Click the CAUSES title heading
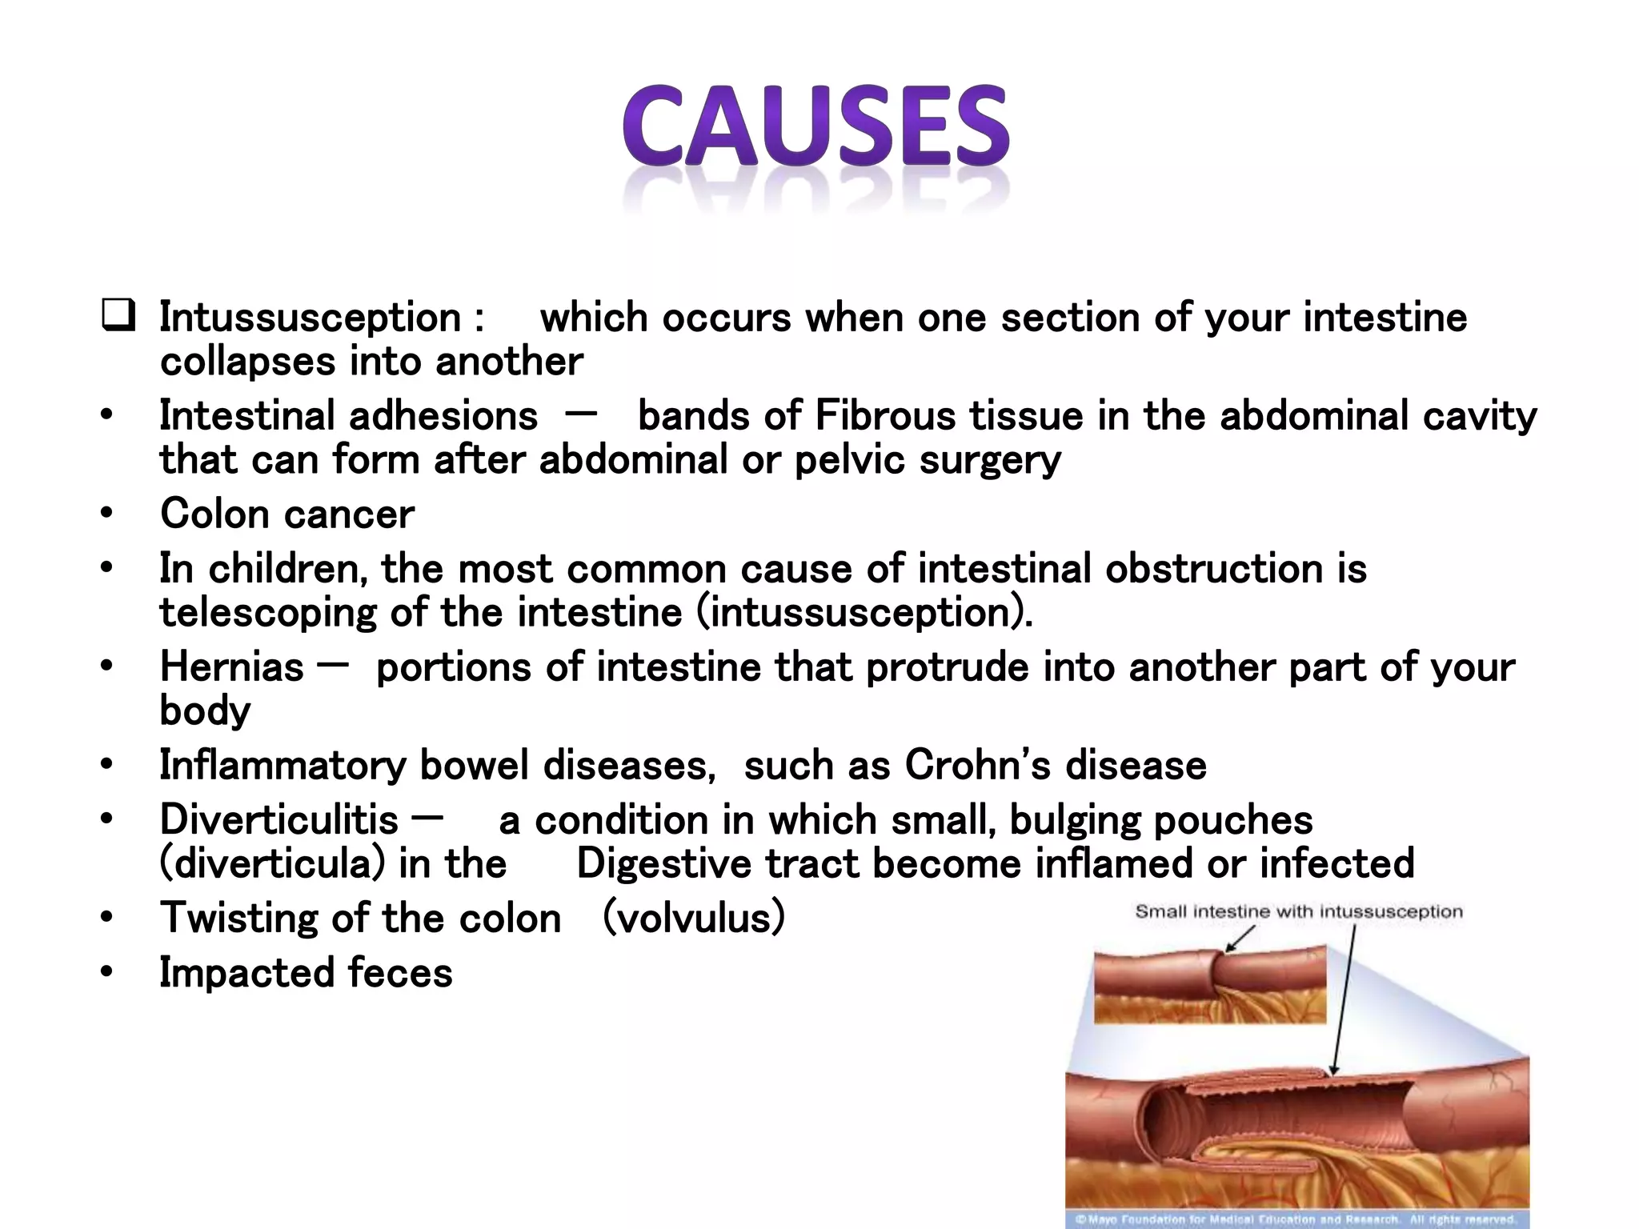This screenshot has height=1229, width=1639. pos(815,128)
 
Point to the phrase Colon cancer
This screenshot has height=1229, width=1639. pos(287,514)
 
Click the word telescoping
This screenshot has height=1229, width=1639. pos(267,613)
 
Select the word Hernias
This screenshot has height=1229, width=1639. pos(232,667)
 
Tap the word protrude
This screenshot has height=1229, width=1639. pos(947,667)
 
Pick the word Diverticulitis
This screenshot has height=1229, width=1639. pos(279,820)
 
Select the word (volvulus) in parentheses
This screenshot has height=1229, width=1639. pos(693,918)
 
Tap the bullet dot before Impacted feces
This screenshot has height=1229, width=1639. pos(106,973)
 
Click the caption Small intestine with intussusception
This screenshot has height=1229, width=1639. pos(1298,911)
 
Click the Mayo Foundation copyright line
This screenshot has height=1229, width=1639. pos(1296,1220)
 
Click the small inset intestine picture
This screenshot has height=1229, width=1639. pos(1209,984)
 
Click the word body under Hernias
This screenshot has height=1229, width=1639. pos(205,711)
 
